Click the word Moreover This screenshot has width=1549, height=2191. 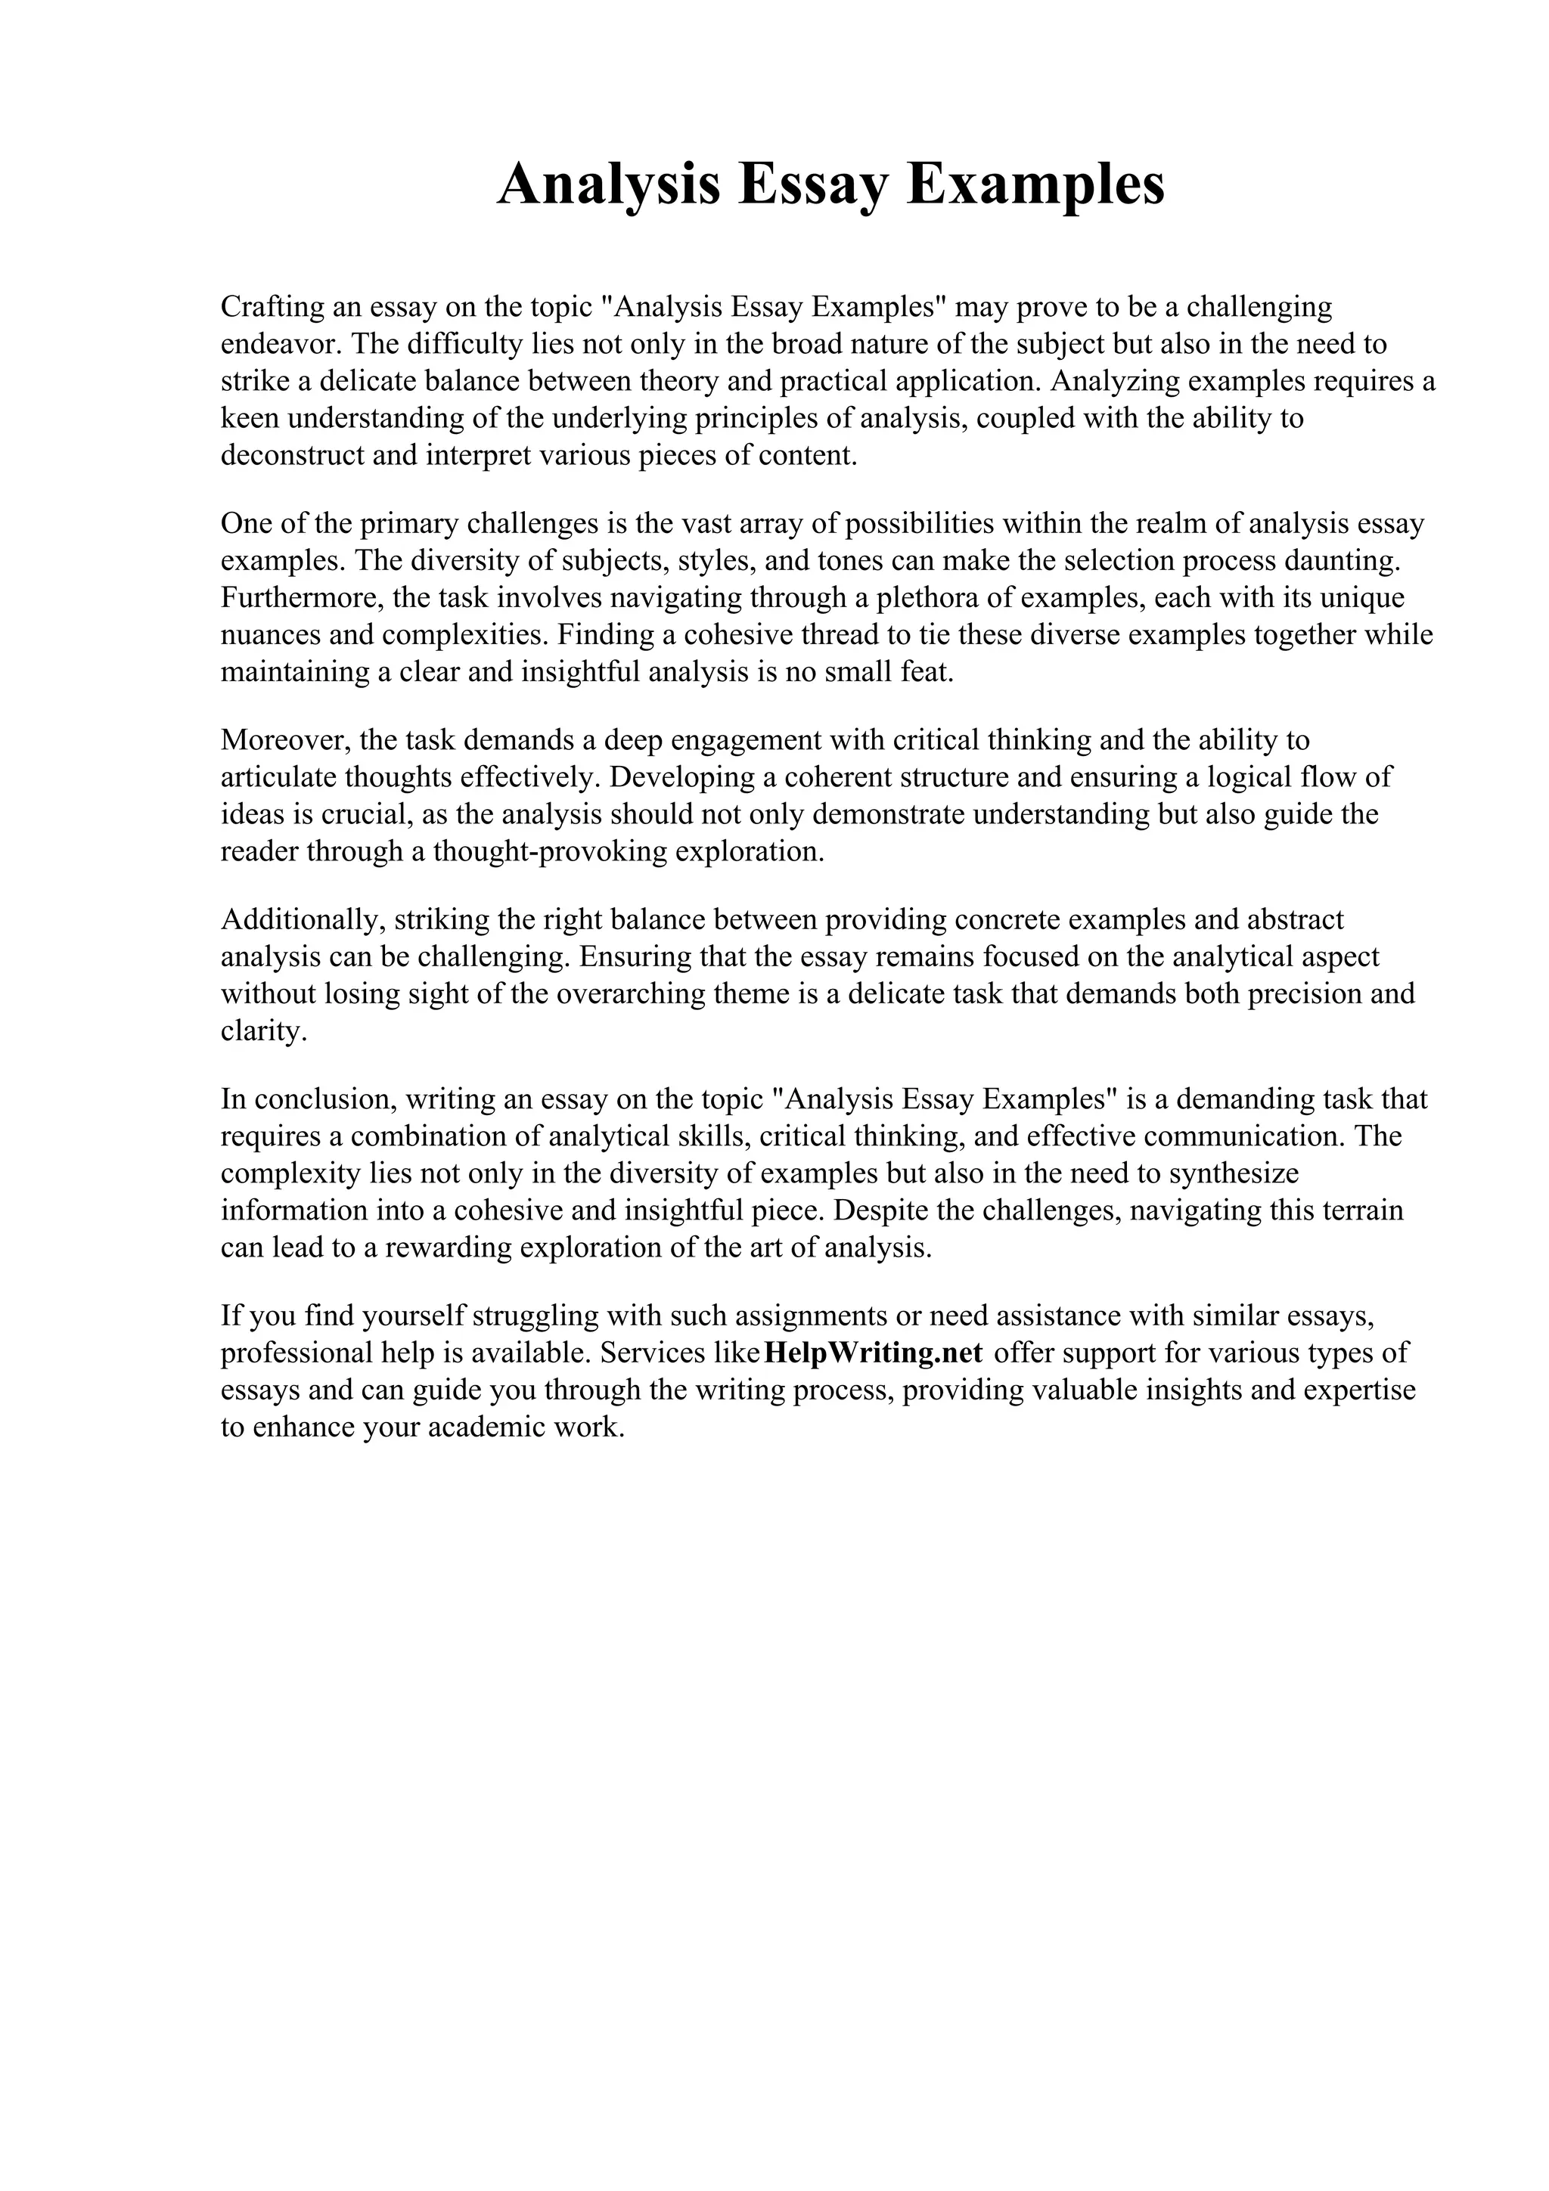(x=283, y=740)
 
